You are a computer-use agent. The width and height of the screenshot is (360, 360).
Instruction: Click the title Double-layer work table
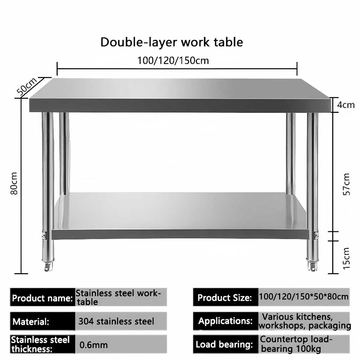pyautogui.click(x=172, y=42)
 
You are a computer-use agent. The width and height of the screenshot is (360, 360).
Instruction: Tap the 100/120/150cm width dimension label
pyautogui.click(x=173, y=61)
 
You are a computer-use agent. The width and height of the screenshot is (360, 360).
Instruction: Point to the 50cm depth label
pyautogui.click(x=27, y=86)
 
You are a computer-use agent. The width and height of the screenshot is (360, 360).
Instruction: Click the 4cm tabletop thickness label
pyautogui.click(x=346, y=105)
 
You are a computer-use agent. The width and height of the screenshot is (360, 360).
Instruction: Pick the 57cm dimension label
pyautogui.click(x=346, y=184)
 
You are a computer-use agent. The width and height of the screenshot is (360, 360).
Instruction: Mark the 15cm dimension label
pyautogui.click(x=346, y=258)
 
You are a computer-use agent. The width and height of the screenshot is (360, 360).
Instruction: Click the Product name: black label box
pyautogui.click(x=42, y=298)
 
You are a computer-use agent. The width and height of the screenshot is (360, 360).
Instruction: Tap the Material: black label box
pyautogui.click(x=42, y=321)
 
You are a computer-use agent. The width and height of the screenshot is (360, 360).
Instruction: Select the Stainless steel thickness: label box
pyautogui.click(x=42, y=345)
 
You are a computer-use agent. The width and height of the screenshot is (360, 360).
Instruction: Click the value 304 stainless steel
pyautogui.click(x=116, y=321)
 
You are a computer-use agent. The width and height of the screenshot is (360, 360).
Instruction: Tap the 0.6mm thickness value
pyautogui.click(x=94, y=345)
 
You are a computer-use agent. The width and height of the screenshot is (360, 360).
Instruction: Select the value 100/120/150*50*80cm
pyautogui.click(x=304, y=297)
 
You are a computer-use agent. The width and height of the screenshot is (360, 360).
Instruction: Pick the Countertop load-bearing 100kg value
pyautogui.click(x=296, y=345)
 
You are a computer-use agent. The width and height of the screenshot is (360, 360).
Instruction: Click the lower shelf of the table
pyautogui.click(x=179, y=213)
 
